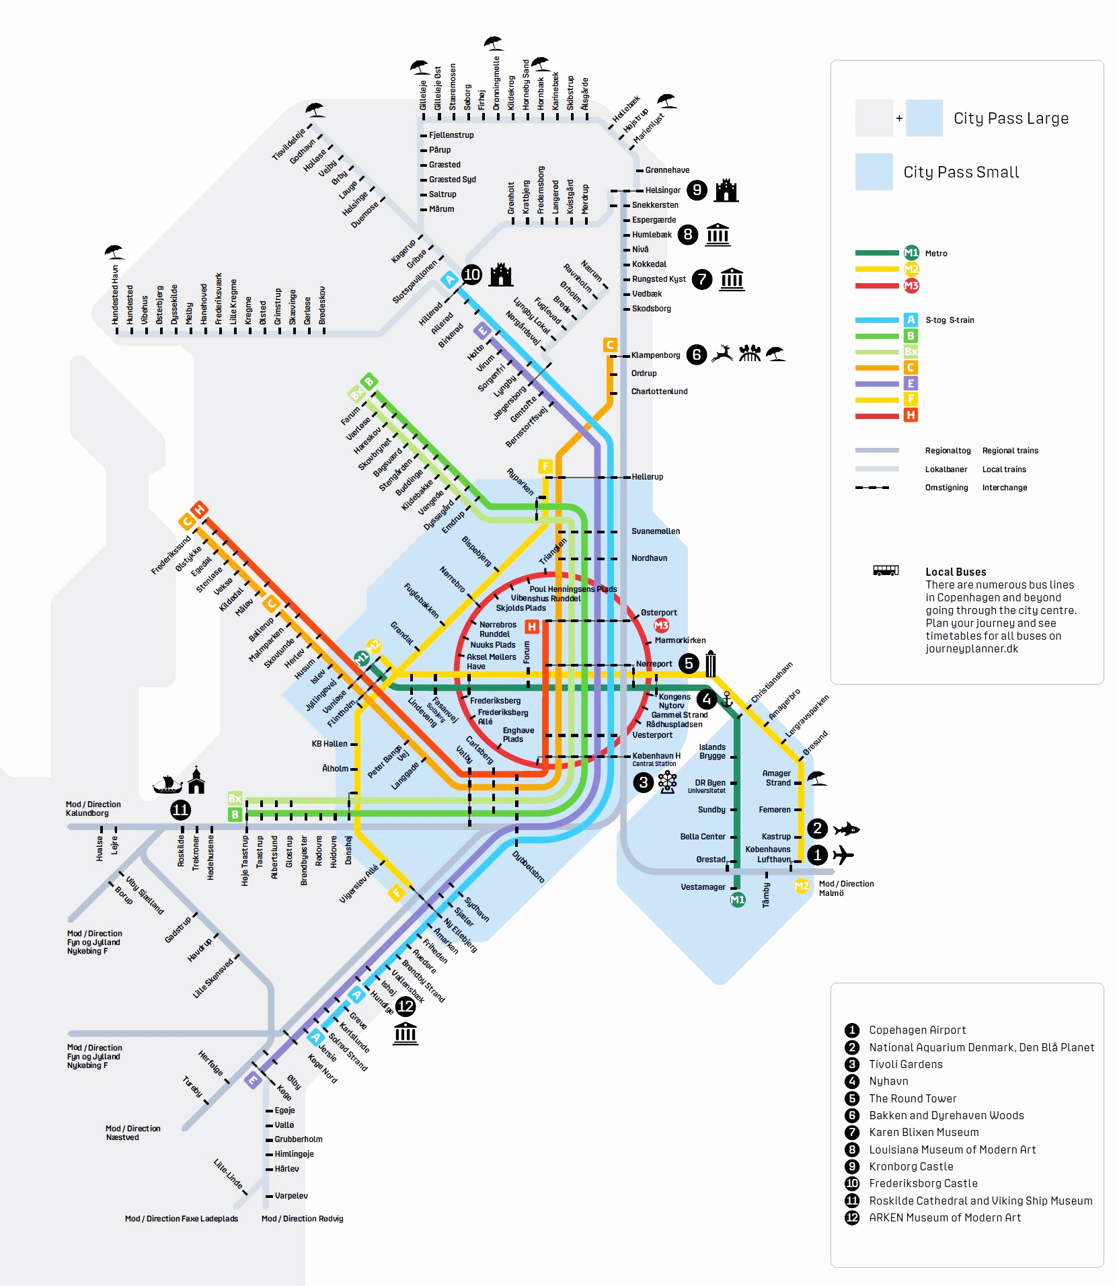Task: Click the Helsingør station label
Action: pos(662,190)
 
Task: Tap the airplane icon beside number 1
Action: pos(843,855)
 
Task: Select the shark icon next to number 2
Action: pos(846,829)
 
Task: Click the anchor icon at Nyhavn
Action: pos(726,699)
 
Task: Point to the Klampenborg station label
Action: pos(655,355)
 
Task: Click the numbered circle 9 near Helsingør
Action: pos(697,190)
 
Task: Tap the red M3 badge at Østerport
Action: pos(662,626)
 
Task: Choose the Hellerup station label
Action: pos(647,477)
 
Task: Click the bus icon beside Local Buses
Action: pos(885,571)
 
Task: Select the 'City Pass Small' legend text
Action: pos(960,172)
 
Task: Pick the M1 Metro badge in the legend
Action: pos(911,253)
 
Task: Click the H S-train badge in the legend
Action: pos(911,415)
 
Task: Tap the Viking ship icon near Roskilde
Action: pos(167,784)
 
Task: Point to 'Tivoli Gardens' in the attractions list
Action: pos(905,1064)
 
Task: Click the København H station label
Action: pos(656,756)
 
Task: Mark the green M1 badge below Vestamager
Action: pos(738,899)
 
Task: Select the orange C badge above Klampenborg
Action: pos(610,345)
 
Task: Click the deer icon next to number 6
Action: pos(722,353)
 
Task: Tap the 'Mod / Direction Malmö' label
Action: pos(845,888)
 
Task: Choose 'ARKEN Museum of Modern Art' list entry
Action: pos(944,1217)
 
